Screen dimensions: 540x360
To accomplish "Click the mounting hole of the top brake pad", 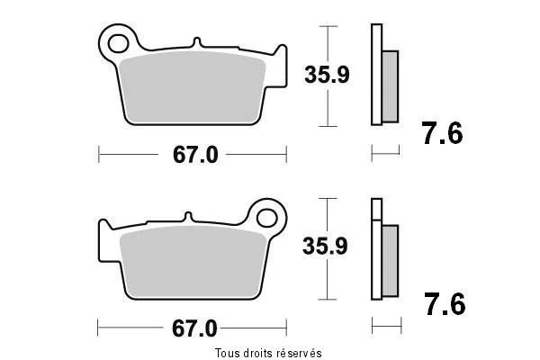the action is pyautogui.click(x=118, y=44).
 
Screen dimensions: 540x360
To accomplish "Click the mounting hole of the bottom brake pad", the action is pyautogui.click(x=267, y=218).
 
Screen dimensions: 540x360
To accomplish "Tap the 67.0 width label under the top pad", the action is pyautogui.click(x=195, y=155).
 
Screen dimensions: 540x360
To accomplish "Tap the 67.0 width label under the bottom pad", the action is pyautogui.click(x=194, y=328).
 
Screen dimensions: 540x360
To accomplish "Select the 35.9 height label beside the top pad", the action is pyautogui.click(x=327, y=75).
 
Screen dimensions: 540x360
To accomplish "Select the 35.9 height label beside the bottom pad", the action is pyautogui.click(x=325, y=246).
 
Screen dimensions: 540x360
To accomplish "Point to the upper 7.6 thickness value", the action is pyautogui.click(x=443, y=133).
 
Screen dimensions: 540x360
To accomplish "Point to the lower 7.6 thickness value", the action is pyautogui.click(x=445, y=304).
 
